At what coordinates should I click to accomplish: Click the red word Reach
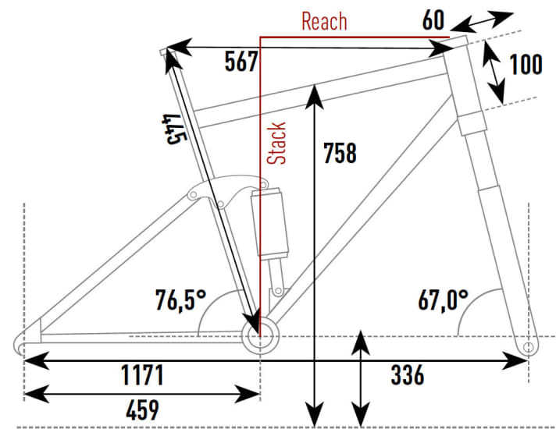tap(324, 21)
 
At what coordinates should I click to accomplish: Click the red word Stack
tap(276, 144)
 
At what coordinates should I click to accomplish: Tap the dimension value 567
tap(241, 62)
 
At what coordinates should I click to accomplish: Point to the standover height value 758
tap(340, 154)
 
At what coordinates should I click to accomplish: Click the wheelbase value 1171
tap(142, 375)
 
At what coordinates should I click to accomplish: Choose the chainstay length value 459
tap(143, 410)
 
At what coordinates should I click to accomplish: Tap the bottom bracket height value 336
tap(408, 375)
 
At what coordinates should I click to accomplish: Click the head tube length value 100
tap(526, 65)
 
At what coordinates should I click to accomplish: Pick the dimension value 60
tap(433, 19)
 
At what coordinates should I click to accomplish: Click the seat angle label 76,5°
tap(181, 300)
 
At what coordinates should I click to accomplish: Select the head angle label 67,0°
tap(444, 300)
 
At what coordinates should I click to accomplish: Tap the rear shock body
tap(270, 222)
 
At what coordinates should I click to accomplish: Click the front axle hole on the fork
tap(529, 346)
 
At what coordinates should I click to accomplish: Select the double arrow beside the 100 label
tap(494, 73)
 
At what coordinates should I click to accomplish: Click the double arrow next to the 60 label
tap(481, 22)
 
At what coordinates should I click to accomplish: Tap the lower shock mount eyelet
tap(279, 291)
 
